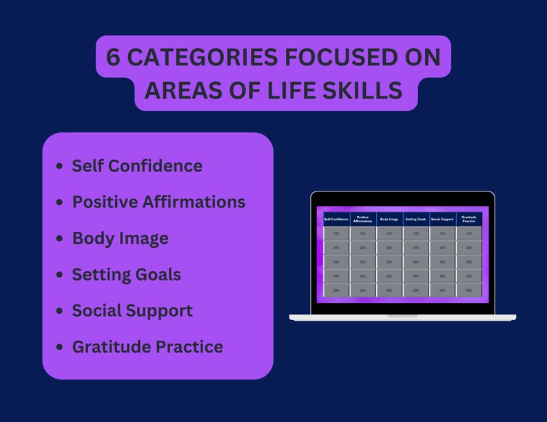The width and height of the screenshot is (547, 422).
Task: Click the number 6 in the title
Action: (114, 58)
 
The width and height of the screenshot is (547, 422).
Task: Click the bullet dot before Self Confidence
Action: (59, 166)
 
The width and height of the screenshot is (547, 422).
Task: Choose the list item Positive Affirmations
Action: (158, 202)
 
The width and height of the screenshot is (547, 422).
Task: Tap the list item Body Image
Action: (120, 238)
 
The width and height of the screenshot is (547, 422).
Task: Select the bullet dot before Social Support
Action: (59, 310)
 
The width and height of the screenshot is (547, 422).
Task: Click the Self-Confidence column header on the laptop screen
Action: (336, 220)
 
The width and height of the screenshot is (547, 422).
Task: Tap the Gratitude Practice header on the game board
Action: (468, 220)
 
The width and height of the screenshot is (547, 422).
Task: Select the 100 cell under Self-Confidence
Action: (336, 234)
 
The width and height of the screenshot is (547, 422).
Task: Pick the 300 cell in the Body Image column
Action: (389, 262)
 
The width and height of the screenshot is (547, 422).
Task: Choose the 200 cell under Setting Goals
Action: (415, 248)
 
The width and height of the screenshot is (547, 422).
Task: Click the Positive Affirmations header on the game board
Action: (363, 220)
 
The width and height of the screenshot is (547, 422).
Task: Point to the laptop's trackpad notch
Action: (402, 315)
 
